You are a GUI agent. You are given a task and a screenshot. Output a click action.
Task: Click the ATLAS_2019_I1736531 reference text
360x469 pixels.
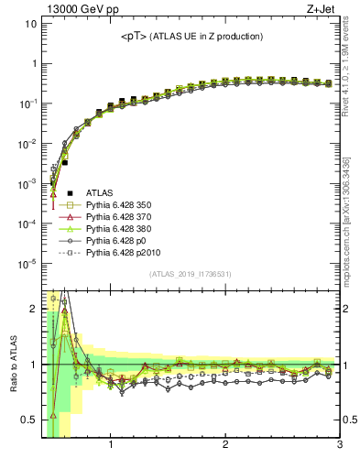coord(191,274)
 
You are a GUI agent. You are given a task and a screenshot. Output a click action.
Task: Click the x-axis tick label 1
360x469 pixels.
coord(111,447)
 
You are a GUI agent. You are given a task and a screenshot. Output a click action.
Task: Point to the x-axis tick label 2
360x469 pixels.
coord(225,447)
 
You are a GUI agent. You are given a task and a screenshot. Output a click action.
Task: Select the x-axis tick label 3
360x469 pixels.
coord(339,447)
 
